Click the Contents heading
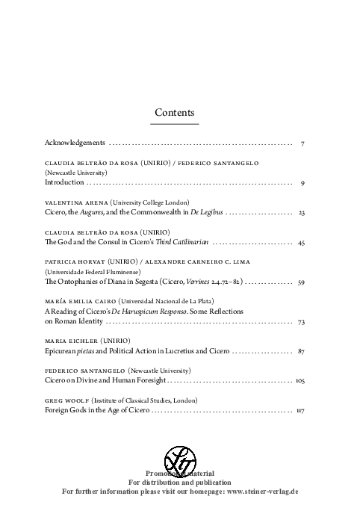(x=175, y=112)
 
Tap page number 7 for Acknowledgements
(x=301, y=142)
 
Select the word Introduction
(x=64, y=182)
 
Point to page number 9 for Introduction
(x=301, y=182)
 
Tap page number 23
(x=301, y=213)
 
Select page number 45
(x=301, y=243)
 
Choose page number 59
(x=301, y=282)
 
